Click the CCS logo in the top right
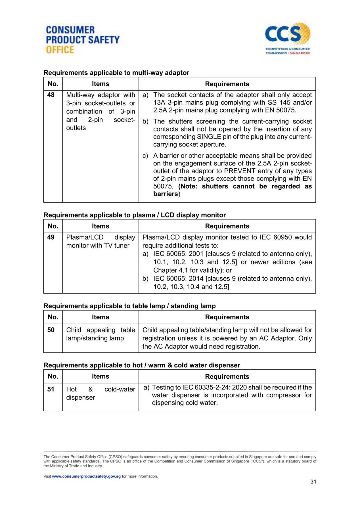pyautogui.click(x=287, y=38)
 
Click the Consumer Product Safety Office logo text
pyautogui.click(x=83, y=40)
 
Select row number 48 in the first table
pyautogui.click(x=51, y=95)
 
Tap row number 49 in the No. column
pyautogui.click(x=51, y=237)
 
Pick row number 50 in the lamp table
pyautogui.click(x=51, y=330)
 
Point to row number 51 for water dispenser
pyautogui.click(x=51, y=389)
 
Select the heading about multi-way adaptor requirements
pyautogui.click(x=116, y=73)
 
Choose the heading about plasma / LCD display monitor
pyautogui.click(x=135, y=215)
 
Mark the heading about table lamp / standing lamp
pyautogui.click(x=129, y=306)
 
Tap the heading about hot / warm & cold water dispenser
pyautogui.click(x=142, y=365)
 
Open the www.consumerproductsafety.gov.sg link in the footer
pyautogui.click(x=86, y=476)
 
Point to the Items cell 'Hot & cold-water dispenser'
pyautogui.click(x=101, y=393)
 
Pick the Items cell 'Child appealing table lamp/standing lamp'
pyautogui.click(x=101, y=334)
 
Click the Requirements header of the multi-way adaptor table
pyautogui.click(x=227, y=84)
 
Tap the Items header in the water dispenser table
pyautogui.click(x=101, y=376)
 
